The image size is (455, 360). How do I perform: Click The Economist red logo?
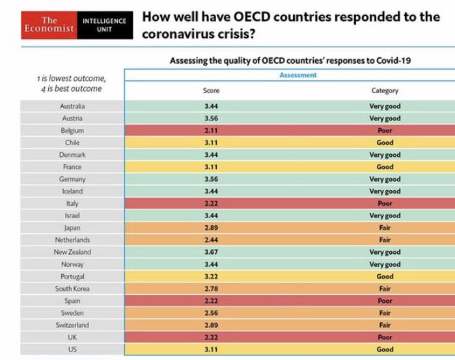(x=49, y=24)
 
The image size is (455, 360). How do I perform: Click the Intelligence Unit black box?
(x=104, y=24)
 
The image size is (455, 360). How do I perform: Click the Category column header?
(x=384, y=91)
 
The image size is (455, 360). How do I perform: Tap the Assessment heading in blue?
(x=297, y=76)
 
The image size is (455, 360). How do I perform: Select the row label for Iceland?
(x=72, y=191)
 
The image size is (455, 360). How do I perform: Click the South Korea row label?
(x=72, y=288)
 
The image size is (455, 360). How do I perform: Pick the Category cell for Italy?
(x=384, y=203)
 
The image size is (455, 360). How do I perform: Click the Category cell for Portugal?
(x=384, y=277)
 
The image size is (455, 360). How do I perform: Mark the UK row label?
(x=72, y=337)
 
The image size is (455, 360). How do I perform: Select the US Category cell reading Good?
(x=384, y=350)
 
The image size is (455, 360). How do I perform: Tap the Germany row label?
(x=72, y=179)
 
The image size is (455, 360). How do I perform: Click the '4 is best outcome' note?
(x=72, y=88)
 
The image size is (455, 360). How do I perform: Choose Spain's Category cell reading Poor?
(x=384, y=301)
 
